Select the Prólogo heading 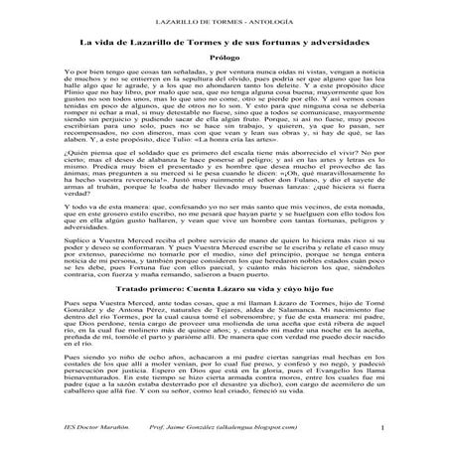coord(224,59)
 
